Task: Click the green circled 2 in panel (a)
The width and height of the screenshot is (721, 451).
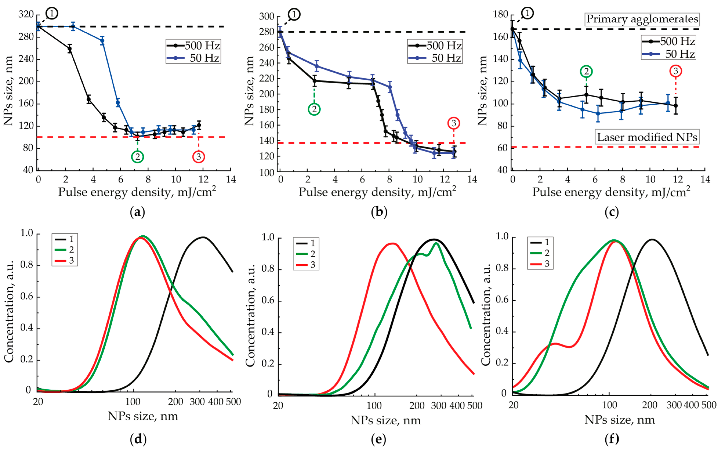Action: click(137, 157)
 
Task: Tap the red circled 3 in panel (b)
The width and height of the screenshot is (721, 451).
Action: click(454, 123)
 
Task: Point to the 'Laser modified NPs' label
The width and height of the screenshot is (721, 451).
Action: click(647, 137)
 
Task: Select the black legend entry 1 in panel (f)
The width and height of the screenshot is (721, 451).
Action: click(540, 242)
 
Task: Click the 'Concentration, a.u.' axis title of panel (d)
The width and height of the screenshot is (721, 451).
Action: click(10, 312)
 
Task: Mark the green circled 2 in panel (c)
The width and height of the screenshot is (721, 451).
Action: click(586, 71)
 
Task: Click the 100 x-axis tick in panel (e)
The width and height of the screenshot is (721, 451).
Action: click(374, 406)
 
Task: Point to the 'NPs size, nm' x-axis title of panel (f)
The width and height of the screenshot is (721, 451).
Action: click(620, 420)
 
